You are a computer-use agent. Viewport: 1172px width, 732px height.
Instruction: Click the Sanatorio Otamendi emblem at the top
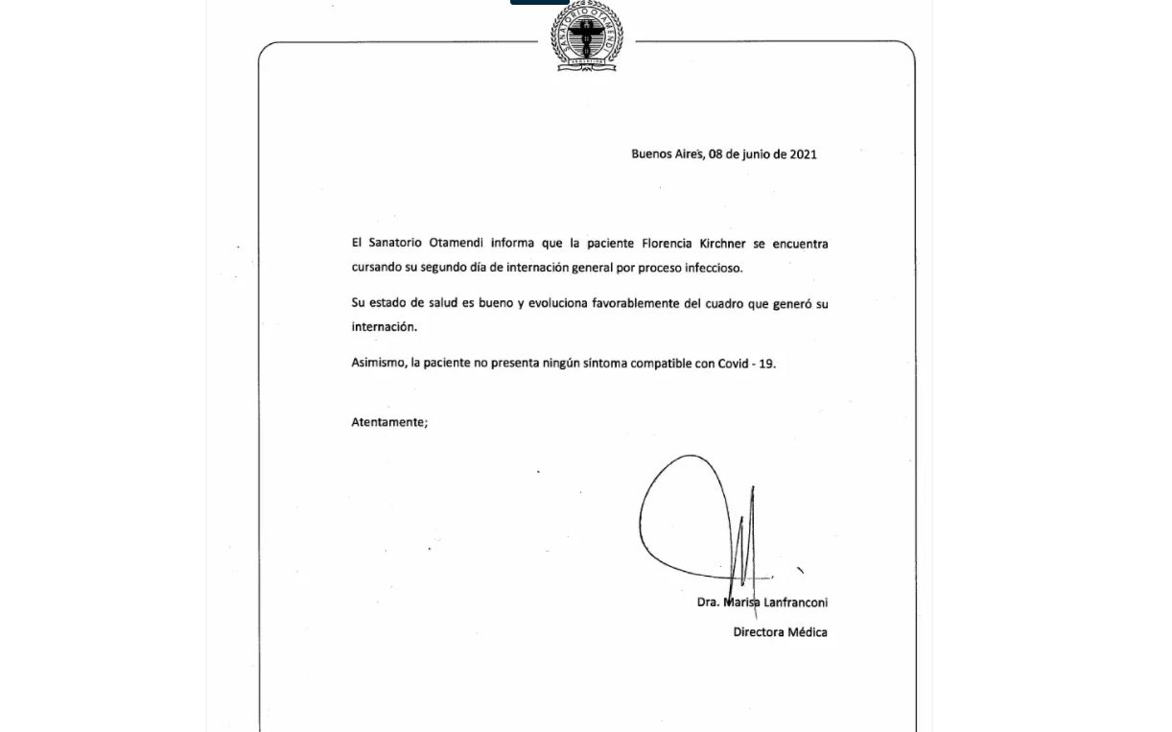coord(586,35)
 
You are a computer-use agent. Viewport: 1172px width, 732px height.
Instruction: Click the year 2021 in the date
coord(803,154)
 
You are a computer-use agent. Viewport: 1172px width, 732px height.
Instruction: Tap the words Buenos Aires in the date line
coord(668,154)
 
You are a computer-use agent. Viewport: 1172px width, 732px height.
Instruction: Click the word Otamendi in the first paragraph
coord(456,244)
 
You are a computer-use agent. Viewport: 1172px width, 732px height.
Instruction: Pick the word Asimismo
coord(379,364)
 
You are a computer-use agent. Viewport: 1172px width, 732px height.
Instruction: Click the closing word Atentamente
coord(388,422)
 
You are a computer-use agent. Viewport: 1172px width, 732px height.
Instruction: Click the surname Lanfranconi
coord(794,603)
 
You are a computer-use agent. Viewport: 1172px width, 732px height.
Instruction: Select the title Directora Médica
coord(780,632)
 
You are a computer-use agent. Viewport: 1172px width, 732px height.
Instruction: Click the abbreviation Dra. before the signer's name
coord(708,603)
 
